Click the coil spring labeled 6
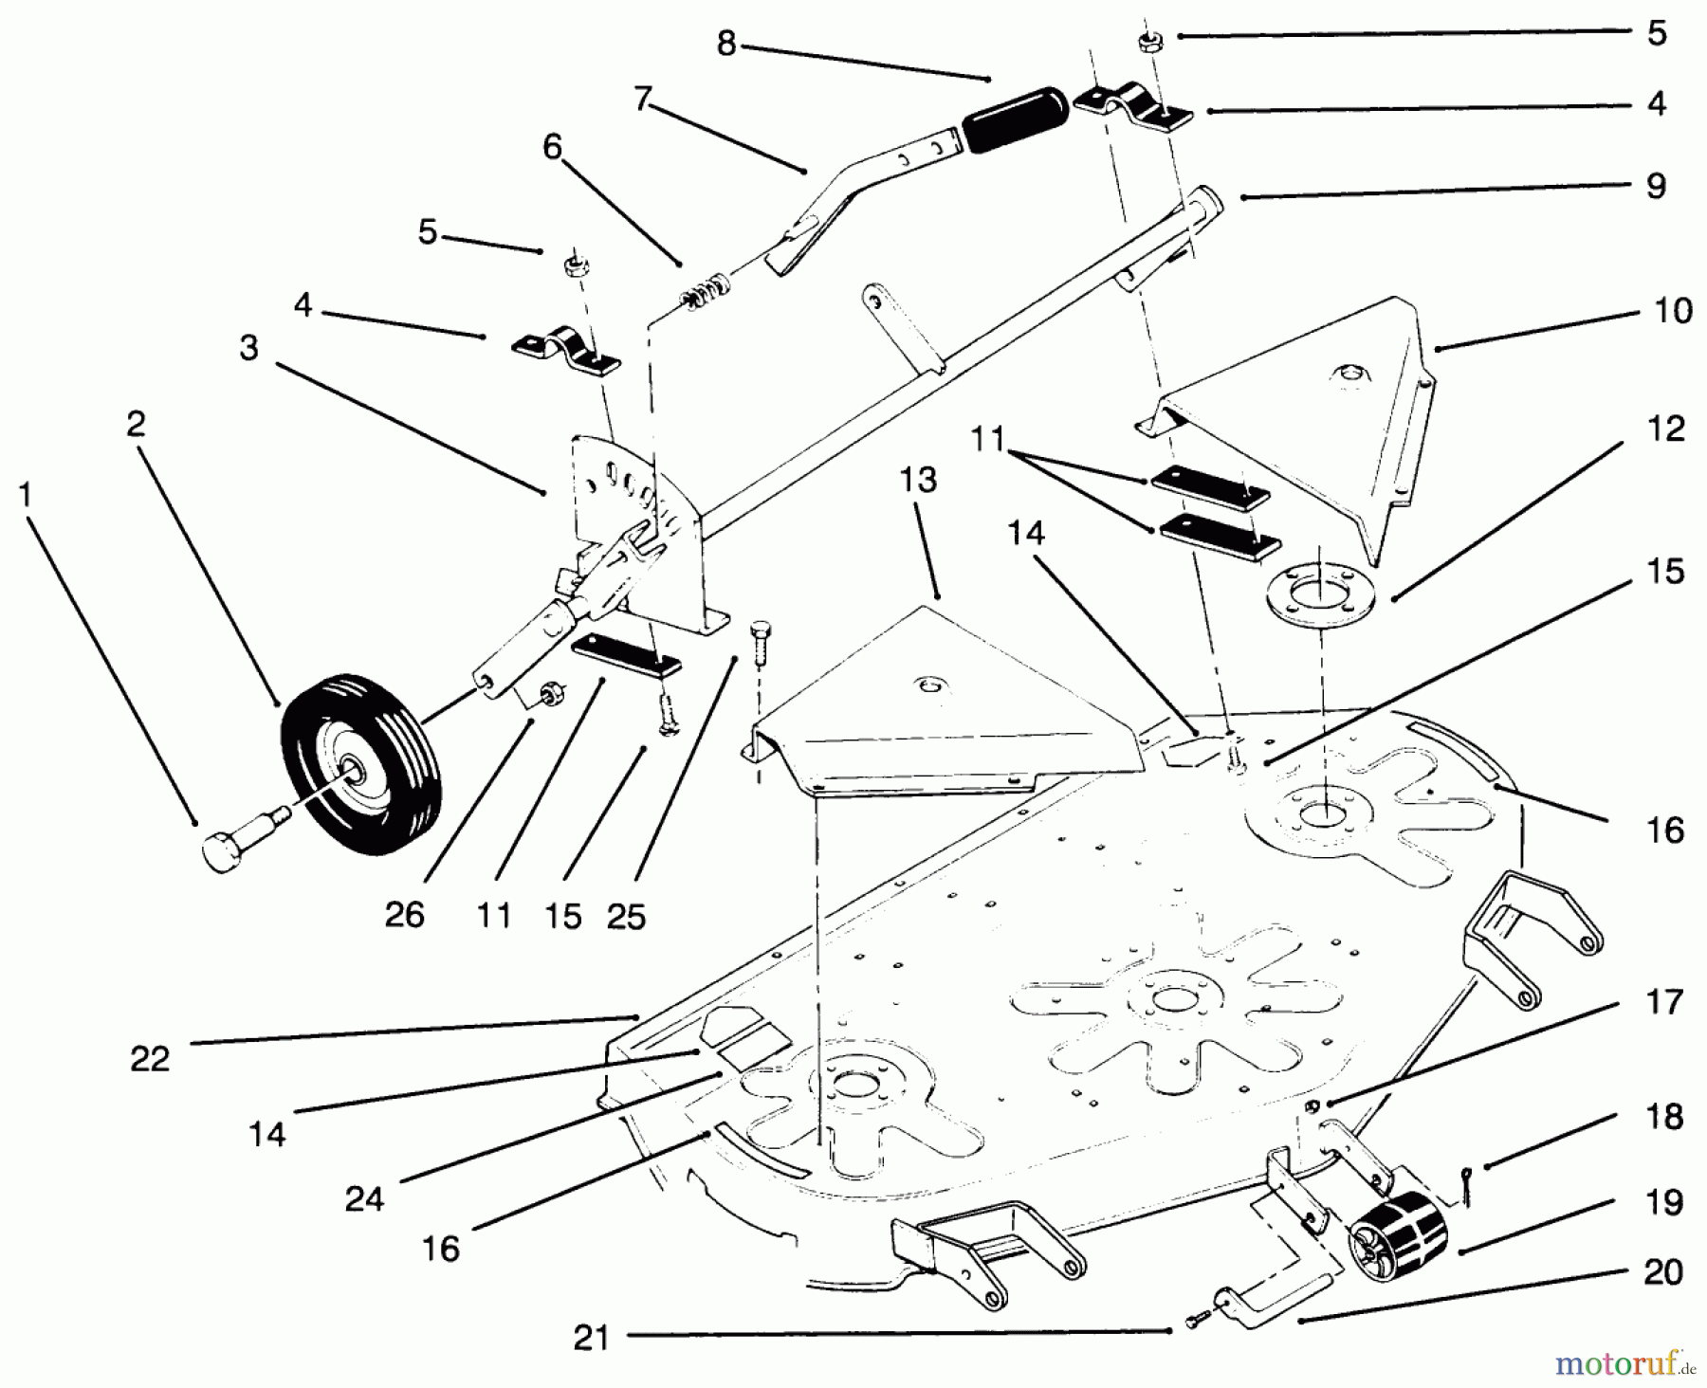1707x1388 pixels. (x=706, y=290)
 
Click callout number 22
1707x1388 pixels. (x=150, y=1058)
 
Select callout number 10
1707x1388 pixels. (x=1673, y=311)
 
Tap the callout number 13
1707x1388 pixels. (x=917, y=480)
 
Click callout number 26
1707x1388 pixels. (x=404, y=916)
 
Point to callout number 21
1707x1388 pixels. (x=591, y=1338)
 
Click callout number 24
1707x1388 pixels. (x=364, y=1199)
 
